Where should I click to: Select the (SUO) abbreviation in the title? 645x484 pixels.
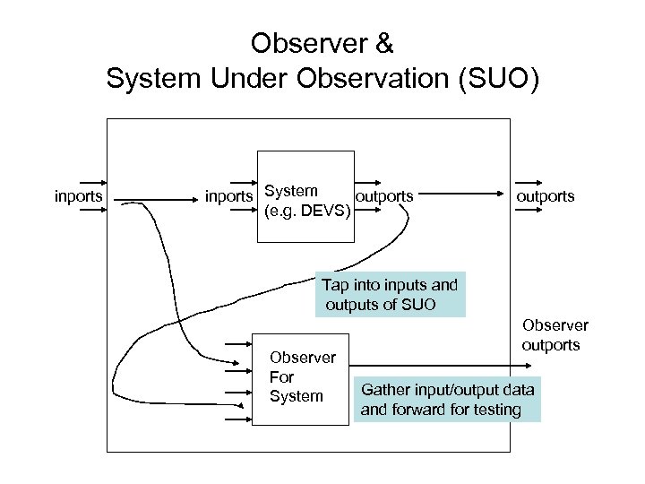point(499,78)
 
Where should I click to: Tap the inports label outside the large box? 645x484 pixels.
point(79,195)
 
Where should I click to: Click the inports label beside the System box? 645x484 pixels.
point(229,195)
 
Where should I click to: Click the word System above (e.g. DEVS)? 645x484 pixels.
point(292,191)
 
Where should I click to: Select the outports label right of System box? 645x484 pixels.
point(384,195)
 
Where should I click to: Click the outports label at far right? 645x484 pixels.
point(545,195)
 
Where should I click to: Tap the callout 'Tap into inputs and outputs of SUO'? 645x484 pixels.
point(390,296)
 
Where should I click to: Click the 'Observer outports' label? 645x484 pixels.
point(555,335)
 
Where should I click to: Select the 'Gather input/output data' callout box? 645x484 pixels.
point(447,400)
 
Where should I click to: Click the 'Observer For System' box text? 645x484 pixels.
point(302,376)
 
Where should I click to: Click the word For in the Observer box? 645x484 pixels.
point(281,376)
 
